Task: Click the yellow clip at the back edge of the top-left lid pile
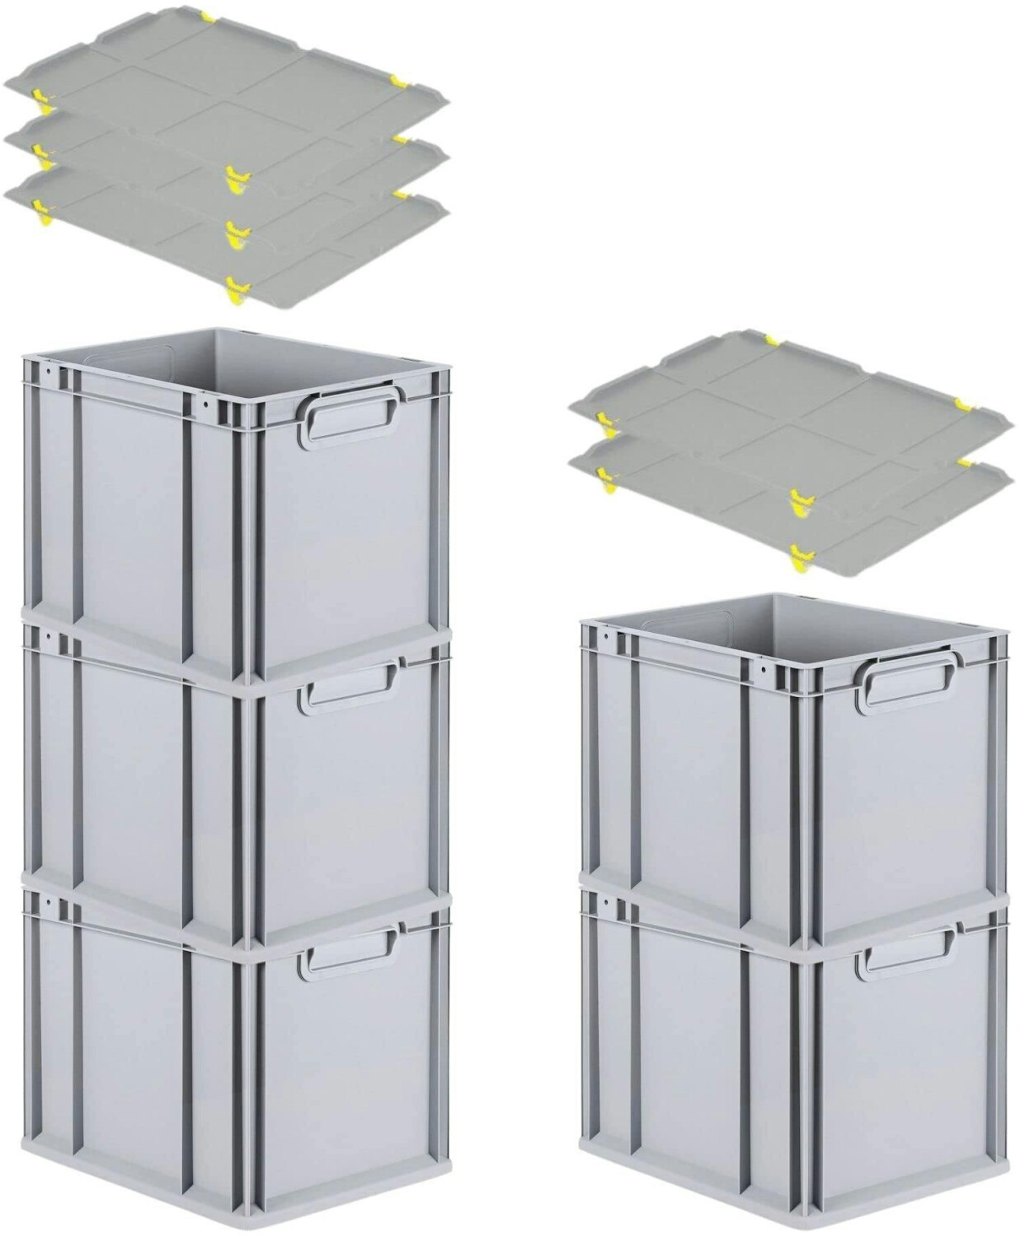(208, 17)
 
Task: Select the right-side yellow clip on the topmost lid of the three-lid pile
(400, 80)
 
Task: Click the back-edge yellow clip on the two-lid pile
(772, 339)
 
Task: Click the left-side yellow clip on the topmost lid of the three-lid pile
(38, 96)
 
